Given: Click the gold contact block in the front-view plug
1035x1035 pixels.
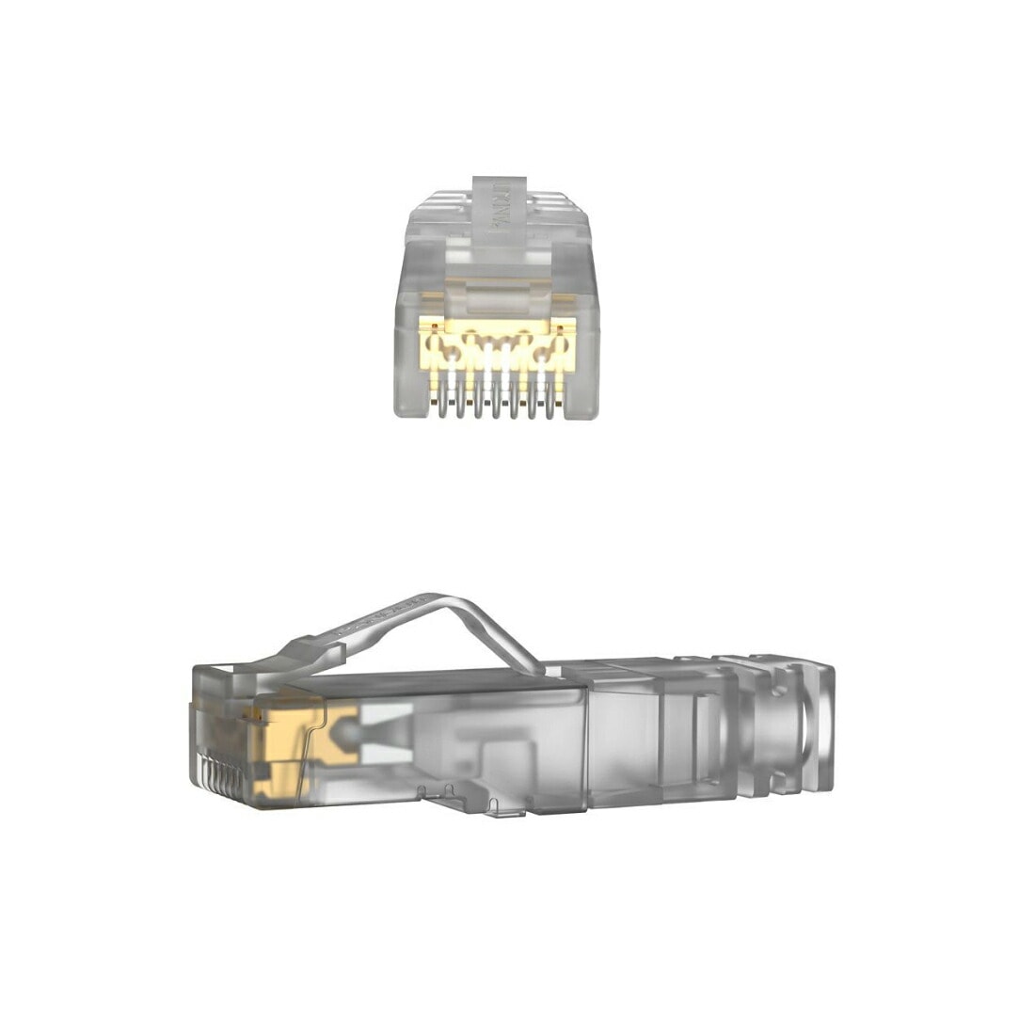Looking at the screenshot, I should [494, 348].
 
